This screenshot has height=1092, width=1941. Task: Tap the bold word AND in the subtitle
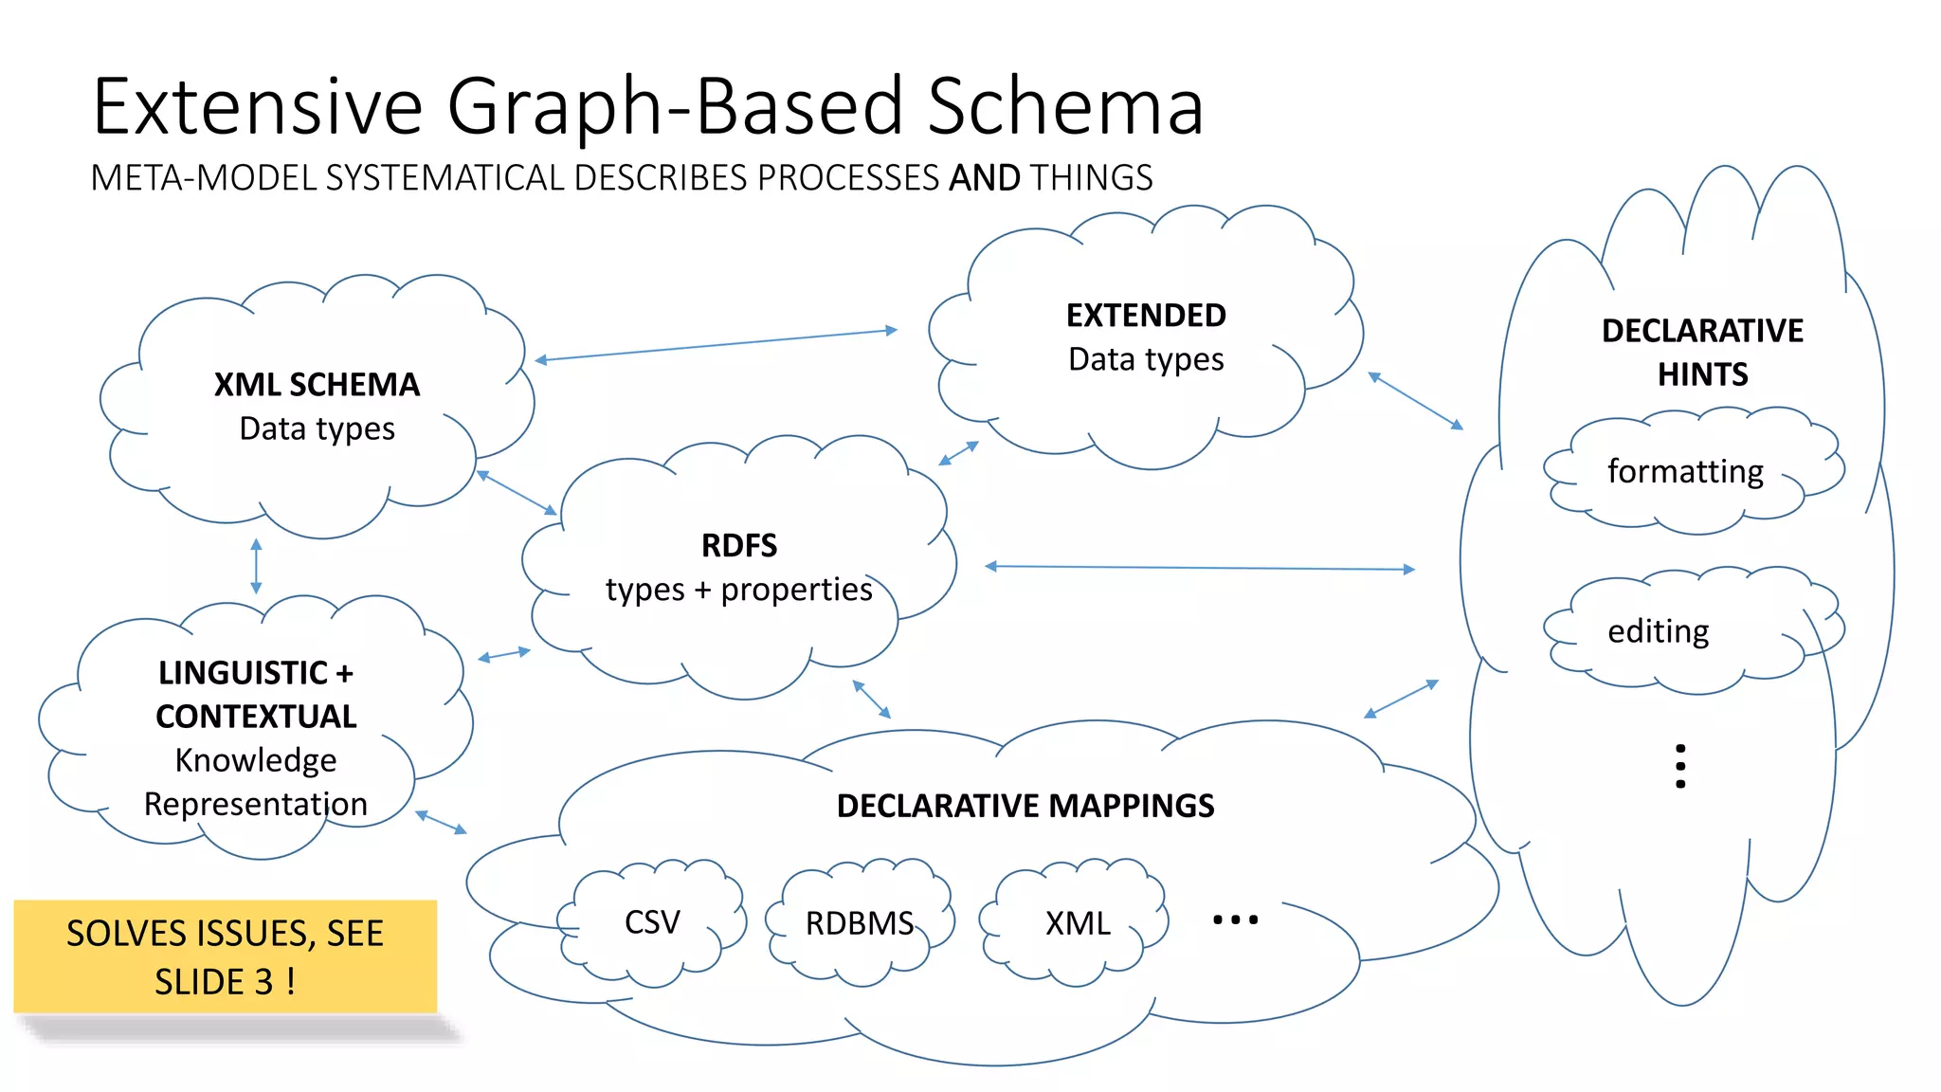pos(984,178)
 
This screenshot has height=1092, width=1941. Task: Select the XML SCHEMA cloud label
pos(317,384)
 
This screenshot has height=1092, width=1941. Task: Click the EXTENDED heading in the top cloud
pos(1145,315)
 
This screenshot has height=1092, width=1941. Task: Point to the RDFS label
pos(738,545)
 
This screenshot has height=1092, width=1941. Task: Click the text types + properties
pos(738,590)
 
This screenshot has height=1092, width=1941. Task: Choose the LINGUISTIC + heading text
pos(255,672)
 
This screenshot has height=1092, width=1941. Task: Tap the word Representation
pos(255,804)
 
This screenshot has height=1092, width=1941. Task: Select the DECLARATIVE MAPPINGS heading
pos(1025,806)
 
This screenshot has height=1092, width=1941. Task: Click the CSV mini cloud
pos(652,922)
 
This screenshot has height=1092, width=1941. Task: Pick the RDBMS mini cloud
pos(860,923)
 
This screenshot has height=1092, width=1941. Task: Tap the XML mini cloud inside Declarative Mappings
pos(1078,923)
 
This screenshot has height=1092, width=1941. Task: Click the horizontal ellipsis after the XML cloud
pos(1235,919)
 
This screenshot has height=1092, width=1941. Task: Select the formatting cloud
pos(1685,471)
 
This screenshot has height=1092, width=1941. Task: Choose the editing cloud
pos(1659,631)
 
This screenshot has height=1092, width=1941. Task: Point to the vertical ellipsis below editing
pos(1680,766)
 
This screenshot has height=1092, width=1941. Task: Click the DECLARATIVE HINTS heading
pos(1702,352)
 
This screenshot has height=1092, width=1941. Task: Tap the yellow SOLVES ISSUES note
pos(226,956)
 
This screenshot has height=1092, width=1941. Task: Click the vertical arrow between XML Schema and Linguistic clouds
pos(256,566)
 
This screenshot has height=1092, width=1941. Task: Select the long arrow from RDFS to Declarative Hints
pos(1199,568)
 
